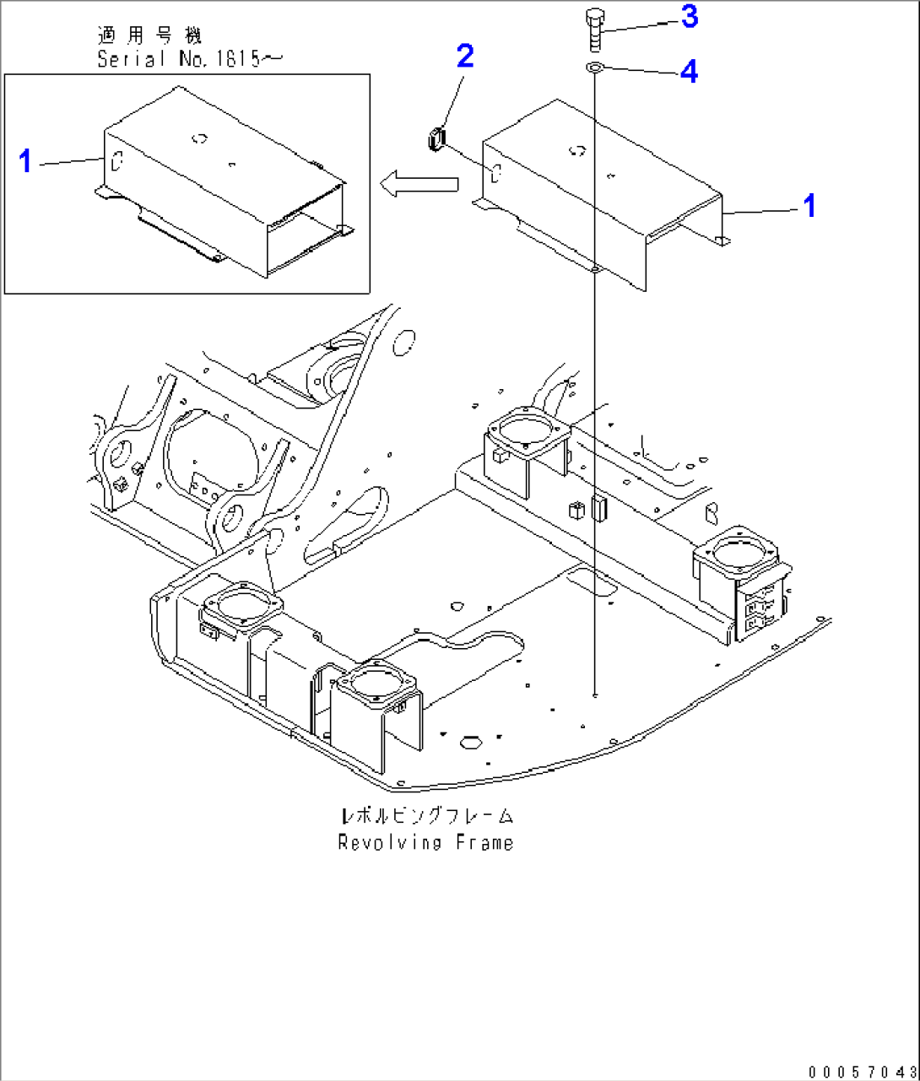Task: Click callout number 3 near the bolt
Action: (690, 17)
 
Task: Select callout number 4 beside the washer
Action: (690, 73)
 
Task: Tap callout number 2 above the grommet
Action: (465, 57)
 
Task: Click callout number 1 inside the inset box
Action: (26, 160)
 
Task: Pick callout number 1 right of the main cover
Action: (809, 205)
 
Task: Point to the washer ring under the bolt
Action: (594, 68)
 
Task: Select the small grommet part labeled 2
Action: (436, 139)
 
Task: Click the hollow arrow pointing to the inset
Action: (418, 184)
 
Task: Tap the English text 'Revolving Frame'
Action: (425, 842)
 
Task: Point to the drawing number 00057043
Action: (860, 1072)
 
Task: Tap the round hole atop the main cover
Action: (577, 151)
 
